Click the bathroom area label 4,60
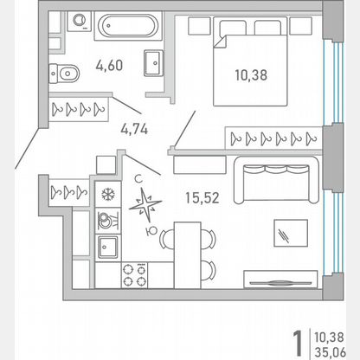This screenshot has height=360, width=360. tap(109, 66)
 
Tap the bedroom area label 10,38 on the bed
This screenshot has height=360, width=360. tap(251, 75)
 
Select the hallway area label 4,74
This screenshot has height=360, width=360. tap(134, 129)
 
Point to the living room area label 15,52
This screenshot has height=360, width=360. tap(202, 198)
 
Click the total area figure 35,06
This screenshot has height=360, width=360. tap(330, 352)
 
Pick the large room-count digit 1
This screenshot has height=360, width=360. tap(298, 344)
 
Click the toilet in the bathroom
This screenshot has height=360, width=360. tap(64, 74)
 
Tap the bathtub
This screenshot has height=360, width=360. tap(128, 26)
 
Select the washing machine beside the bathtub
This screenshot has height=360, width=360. tap(80, 21)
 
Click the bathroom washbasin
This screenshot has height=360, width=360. tap(154, 63)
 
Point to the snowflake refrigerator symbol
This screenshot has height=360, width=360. tap(108, 194)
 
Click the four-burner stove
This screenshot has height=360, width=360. tap(134, 275)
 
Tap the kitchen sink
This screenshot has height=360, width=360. tap(108, 247)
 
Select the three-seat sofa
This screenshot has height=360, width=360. tap(276, 180)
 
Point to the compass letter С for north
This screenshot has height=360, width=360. tap(138, 179)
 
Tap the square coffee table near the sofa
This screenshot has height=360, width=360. tap(291, 233)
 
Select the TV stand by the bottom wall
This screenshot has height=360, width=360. tap(280, 280)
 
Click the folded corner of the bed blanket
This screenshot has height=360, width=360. tap(220, 42)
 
